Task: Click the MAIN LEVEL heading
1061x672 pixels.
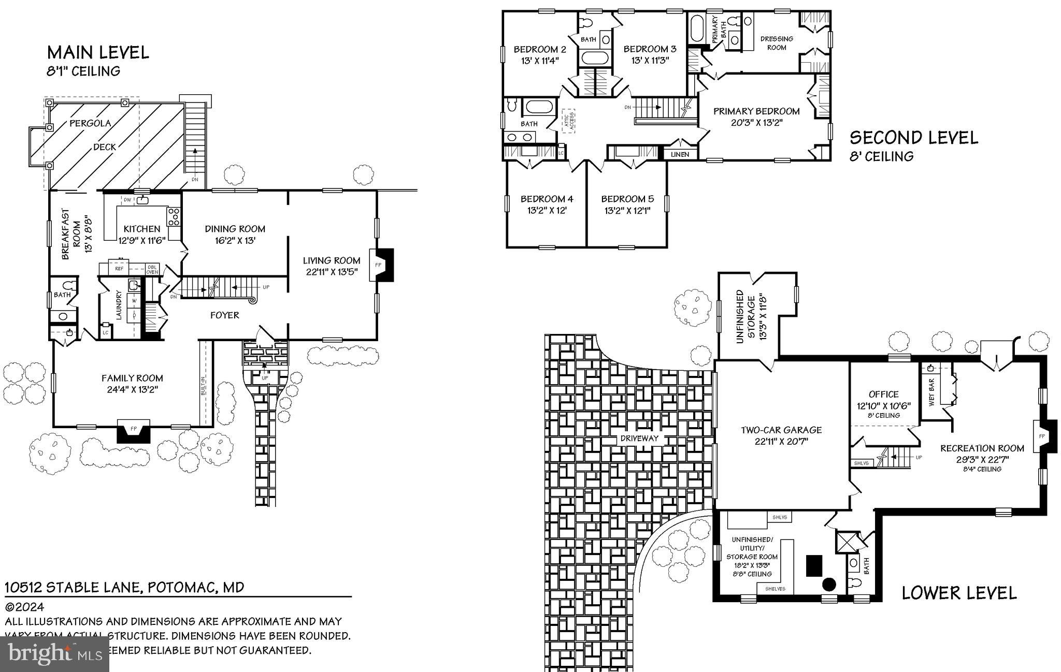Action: pos(98,52)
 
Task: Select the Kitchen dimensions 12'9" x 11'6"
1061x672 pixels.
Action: pos(141,240)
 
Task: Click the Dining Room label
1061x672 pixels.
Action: pos(235,229)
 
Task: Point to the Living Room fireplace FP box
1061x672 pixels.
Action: pos(378,265)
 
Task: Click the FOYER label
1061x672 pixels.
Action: pos(224,315)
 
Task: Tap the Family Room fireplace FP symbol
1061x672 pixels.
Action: pos(134,429)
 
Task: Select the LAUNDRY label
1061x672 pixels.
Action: pos(119,305)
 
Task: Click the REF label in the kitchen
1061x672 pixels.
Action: pos(119,269)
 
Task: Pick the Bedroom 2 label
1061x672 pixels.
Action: pos(539,50)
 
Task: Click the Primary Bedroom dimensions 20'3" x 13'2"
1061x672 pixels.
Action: pos(756,123)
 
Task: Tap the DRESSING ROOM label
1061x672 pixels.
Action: pos(776,43)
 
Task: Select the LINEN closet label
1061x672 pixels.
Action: pos(680,154)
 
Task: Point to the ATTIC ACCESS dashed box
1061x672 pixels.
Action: pos(568,122)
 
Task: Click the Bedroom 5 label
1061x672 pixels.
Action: pos(627,199)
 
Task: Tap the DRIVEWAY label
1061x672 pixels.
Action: pos(639,438)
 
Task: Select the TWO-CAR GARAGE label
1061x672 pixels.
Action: pos(781,430)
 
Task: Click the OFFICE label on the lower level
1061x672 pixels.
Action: pos(883,395)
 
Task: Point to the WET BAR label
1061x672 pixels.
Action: pos(931,392)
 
